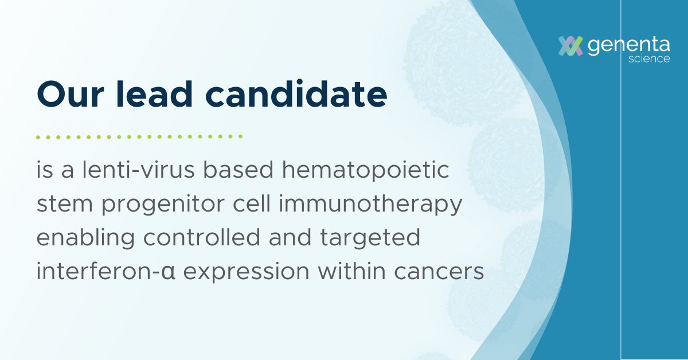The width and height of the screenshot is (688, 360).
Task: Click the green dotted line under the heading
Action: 139,137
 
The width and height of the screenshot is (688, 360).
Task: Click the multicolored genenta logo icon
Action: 571,46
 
